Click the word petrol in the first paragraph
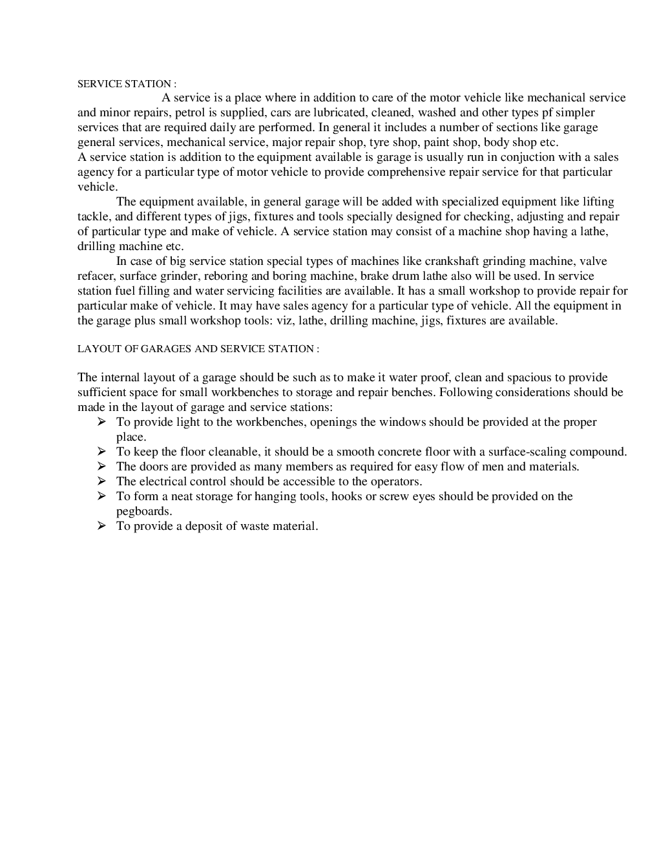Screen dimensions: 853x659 (x=191, y=112)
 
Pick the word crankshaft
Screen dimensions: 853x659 (x=454, y=261)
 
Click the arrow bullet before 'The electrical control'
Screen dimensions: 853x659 (x=101, y=481)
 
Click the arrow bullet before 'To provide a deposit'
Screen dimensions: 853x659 (x=101, y=526)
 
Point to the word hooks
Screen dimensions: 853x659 (x=346, y=496)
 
